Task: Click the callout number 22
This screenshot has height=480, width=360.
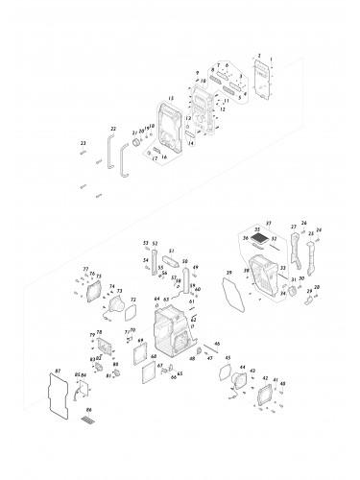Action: (113, 128)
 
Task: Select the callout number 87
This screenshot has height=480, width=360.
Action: (60, 369)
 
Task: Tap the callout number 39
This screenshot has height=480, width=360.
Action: (228, 274)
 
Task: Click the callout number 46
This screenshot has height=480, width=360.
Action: (218, 343)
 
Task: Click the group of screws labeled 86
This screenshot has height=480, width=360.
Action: (89, 420)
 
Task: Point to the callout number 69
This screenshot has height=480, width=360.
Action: (140, 341)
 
